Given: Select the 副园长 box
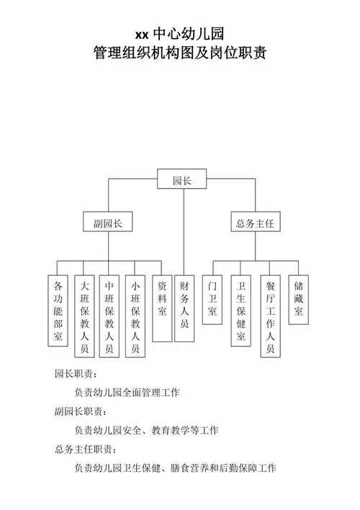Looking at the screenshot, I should [x=108, y=223].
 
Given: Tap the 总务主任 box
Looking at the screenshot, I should [x=255, y=223].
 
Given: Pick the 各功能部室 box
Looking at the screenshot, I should [x=58, y=309].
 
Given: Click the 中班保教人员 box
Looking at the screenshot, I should [x=109, y=317].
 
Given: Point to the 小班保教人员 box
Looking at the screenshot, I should [x=135, y=317].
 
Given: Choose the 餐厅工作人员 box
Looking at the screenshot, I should [x=270, y=317].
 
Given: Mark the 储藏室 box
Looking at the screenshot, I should [x=298, y=298].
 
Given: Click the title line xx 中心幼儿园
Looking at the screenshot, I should [x=179, y=34].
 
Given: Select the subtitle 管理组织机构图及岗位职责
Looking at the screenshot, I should [x=179, y=52].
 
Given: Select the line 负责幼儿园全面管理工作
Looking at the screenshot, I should [x=127, y=393].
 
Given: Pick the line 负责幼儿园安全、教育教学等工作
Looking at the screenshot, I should [x=146, y=431].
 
